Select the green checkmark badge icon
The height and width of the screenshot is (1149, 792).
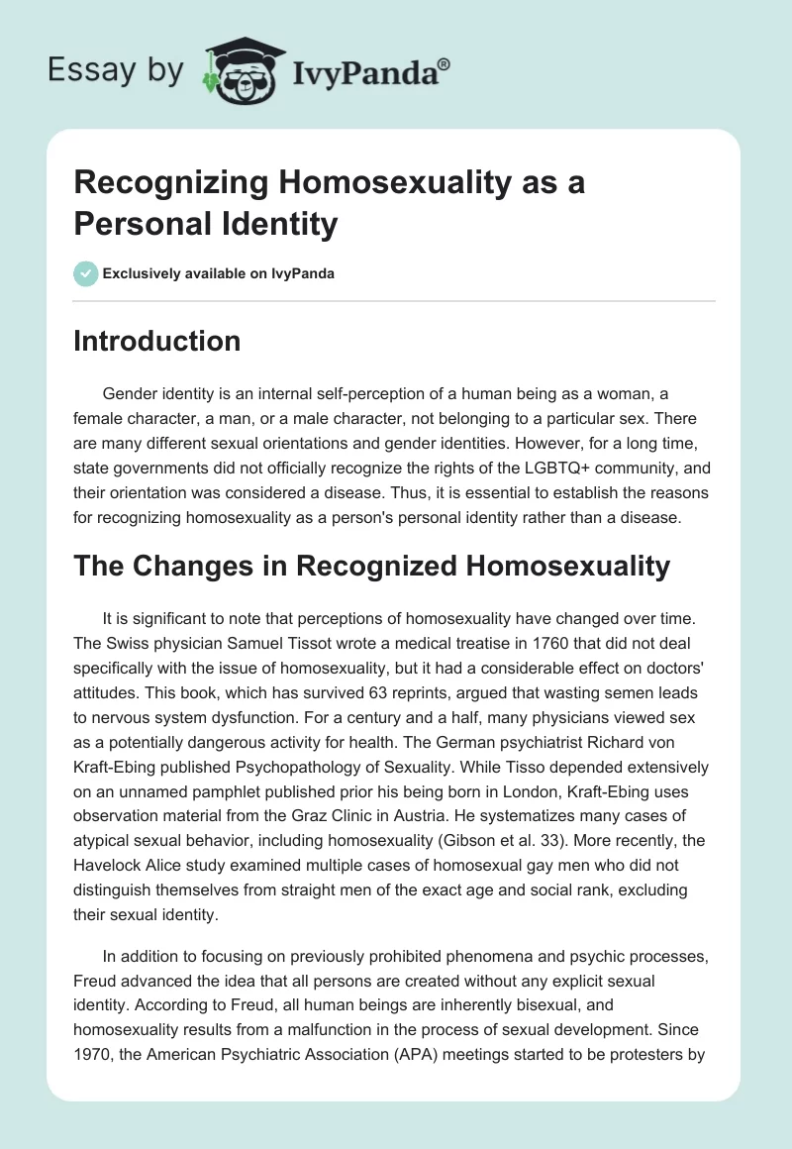86,273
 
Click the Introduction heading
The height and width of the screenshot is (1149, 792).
157,341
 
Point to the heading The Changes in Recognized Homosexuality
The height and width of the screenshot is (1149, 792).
372,566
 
